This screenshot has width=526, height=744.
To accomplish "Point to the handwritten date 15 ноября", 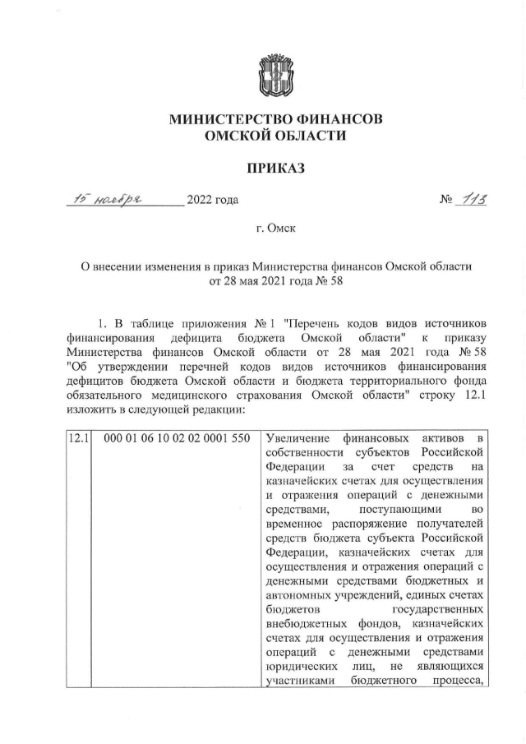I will pos(108,198).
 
